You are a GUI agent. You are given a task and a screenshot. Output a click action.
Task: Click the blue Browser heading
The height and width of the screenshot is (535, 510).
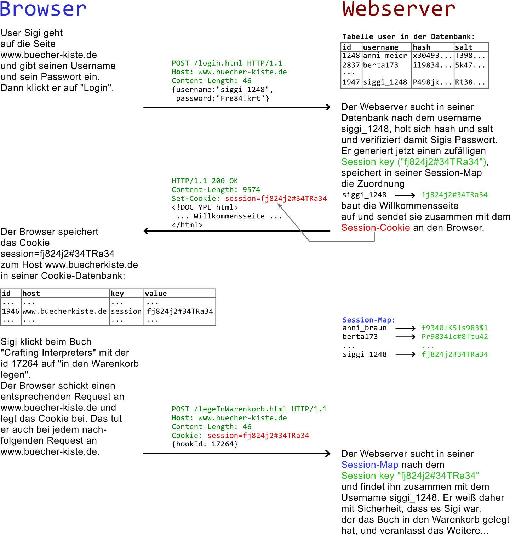43,9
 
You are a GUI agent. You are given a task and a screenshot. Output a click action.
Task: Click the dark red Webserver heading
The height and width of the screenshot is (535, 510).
399,9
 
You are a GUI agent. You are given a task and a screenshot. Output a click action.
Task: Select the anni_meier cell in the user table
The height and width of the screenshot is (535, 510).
385,56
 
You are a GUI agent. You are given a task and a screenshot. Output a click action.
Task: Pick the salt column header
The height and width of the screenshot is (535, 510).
464,47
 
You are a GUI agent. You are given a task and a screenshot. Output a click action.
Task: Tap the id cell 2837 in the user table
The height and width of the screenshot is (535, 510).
351,65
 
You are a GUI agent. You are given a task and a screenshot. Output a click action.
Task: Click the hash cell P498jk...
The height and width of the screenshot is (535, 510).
432,82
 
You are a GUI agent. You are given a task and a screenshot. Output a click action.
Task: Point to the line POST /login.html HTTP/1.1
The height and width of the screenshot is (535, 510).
227,63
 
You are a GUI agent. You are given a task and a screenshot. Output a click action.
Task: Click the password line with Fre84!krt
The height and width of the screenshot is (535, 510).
222,98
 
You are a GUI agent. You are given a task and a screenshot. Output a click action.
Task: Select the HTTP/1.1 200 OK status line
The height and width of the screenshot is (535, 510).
205,181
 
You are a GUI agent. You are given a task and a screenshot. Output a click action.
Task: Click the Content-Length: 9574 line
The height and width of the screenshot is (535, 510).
216,190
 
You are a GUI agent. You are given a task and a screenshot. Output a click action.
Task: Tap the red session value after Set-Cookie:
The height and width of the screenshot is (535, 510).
276,199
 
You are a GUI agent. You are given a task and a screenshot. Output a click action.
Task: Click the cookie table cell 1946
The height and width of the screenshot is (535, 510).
11,311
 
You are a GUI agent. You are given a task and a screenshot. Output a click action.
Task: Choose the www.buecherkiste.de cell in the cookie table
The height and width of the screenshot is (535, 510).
64,311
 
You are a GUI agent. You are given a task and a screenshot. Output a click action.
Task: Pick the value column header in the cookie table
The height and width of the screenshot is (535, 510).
156,294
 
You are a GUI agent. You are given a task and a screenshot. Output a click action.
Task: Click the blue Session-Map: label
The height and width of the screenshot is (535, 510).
368,320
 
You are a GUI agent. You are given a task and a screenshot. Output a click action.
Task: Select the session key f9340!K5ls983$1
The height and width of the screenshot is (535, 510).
454,328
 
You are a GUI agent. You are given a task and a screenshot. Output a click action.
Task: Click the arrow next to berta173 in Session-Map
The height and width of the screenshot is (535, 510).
405,337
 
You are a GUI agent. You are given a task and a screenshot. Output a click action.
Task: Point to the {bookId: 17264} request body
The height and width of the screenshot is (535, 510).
205,444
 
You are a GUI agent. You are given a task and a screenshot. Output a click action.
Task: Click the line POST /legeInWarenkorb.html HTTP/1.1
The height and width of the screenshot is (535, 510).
249,409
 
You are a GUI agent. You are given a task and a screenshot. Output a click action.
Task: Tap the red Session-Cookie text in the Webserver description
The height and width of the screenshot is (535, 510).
375,228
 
